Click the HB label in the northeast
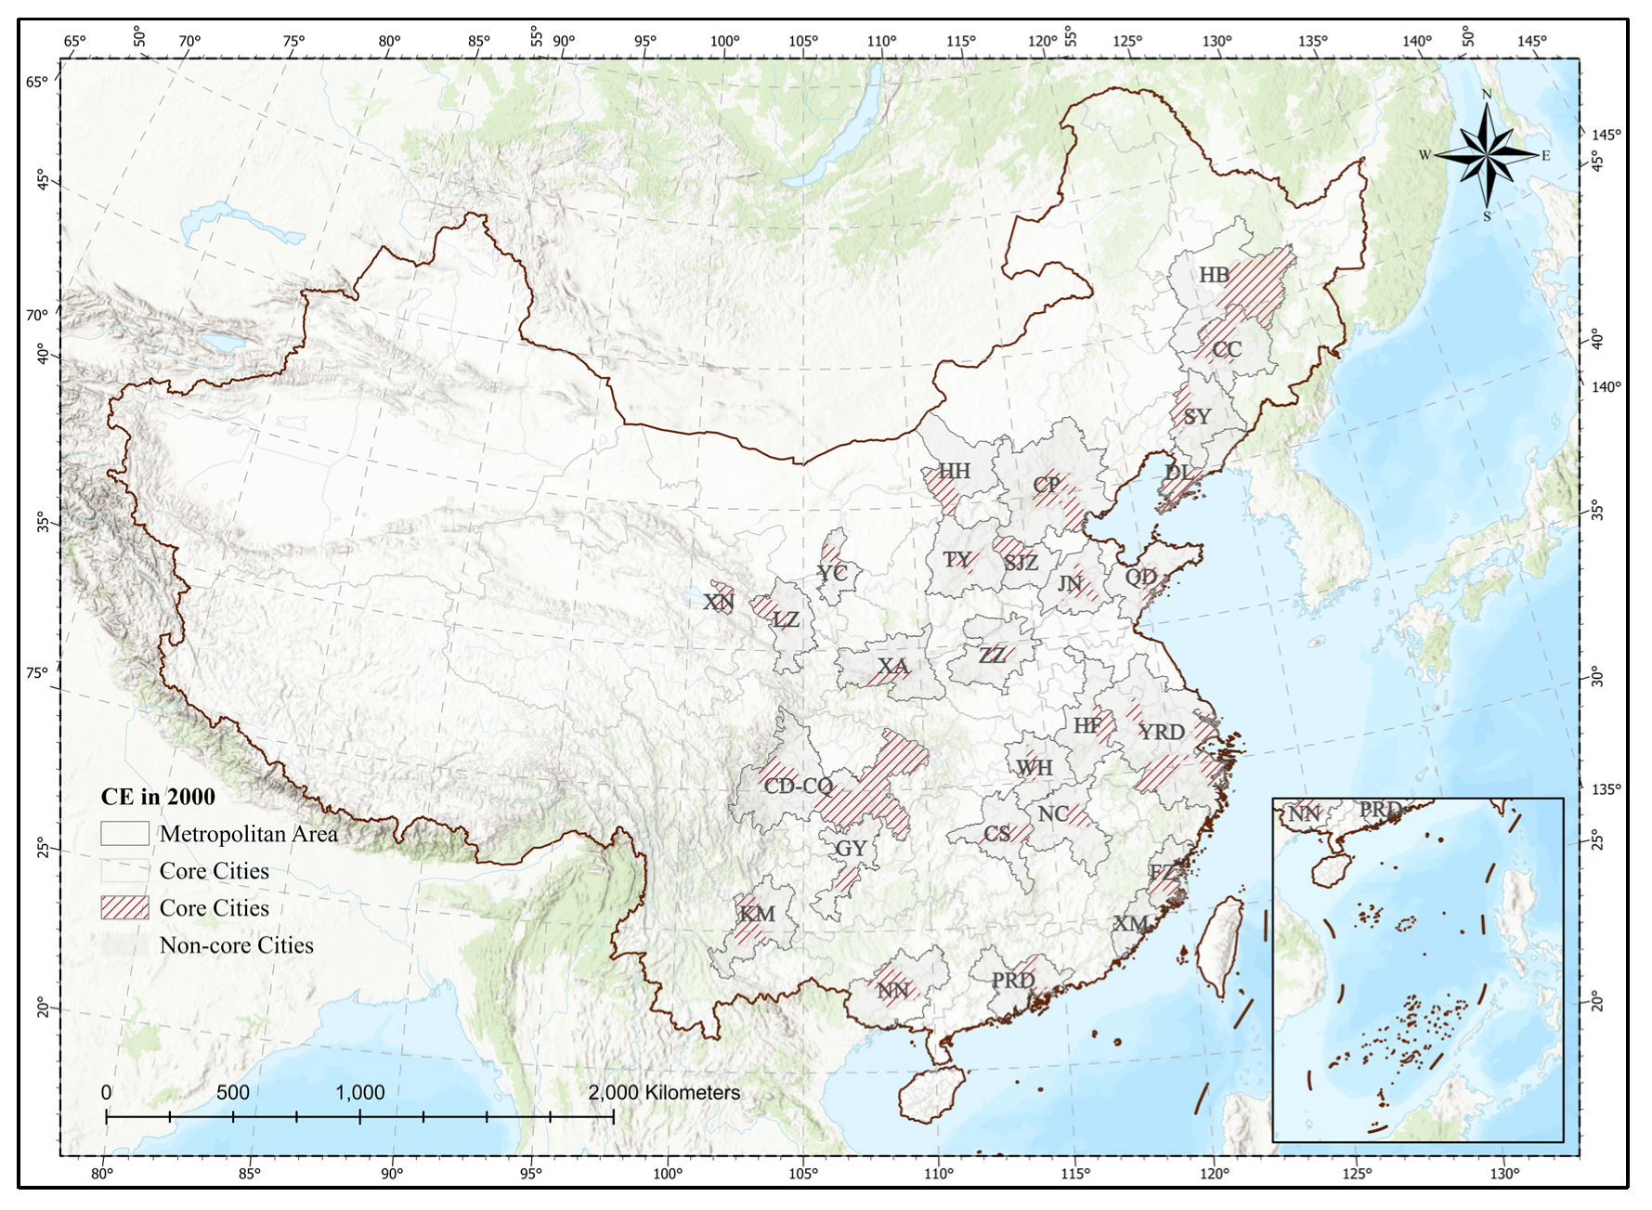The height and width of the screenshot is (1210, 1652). [1214, 275]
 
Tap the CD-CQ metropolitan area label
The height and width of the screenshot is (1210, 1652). [799, 786]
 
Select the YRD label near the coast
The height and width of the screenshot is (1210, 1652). [1162, 732]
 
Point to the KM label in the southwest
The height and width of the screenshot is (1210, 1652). [757, 914]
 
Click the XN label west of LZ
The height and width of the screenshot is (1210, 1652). [718, 602]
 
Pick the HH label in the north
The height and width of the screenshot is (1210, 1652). [954, 471]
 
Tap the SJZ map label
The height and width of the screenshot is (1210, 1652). [1021, 562]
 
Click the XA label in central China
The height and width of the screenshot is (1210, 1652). [893, 667]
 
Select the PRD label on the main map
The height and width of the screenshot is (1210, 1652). [1012, 980]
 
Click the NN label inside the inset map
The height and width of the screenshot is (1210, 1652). [1305, 814]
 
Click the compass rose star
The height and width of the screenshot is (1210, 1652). [1487, 154]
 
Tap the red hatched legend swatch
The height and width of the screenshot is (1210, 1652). [124, 907]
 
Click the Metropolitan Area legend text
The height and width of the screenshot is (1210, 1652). [248, 834]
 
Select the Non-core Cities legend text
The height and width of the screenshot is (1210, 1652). [236, 945]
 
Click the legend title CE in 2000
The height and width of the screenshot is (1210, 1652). [158, 796]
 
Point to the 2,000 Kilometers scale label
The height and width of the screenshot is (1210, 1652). [664, 1092]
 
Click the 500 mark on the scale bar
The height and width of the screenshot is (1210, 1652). [233, 1092]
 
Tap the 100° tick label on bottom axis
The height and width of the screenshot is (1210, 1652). [667, 1173]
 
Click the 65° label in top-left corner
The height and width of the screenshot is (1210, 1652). [74, 41]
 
